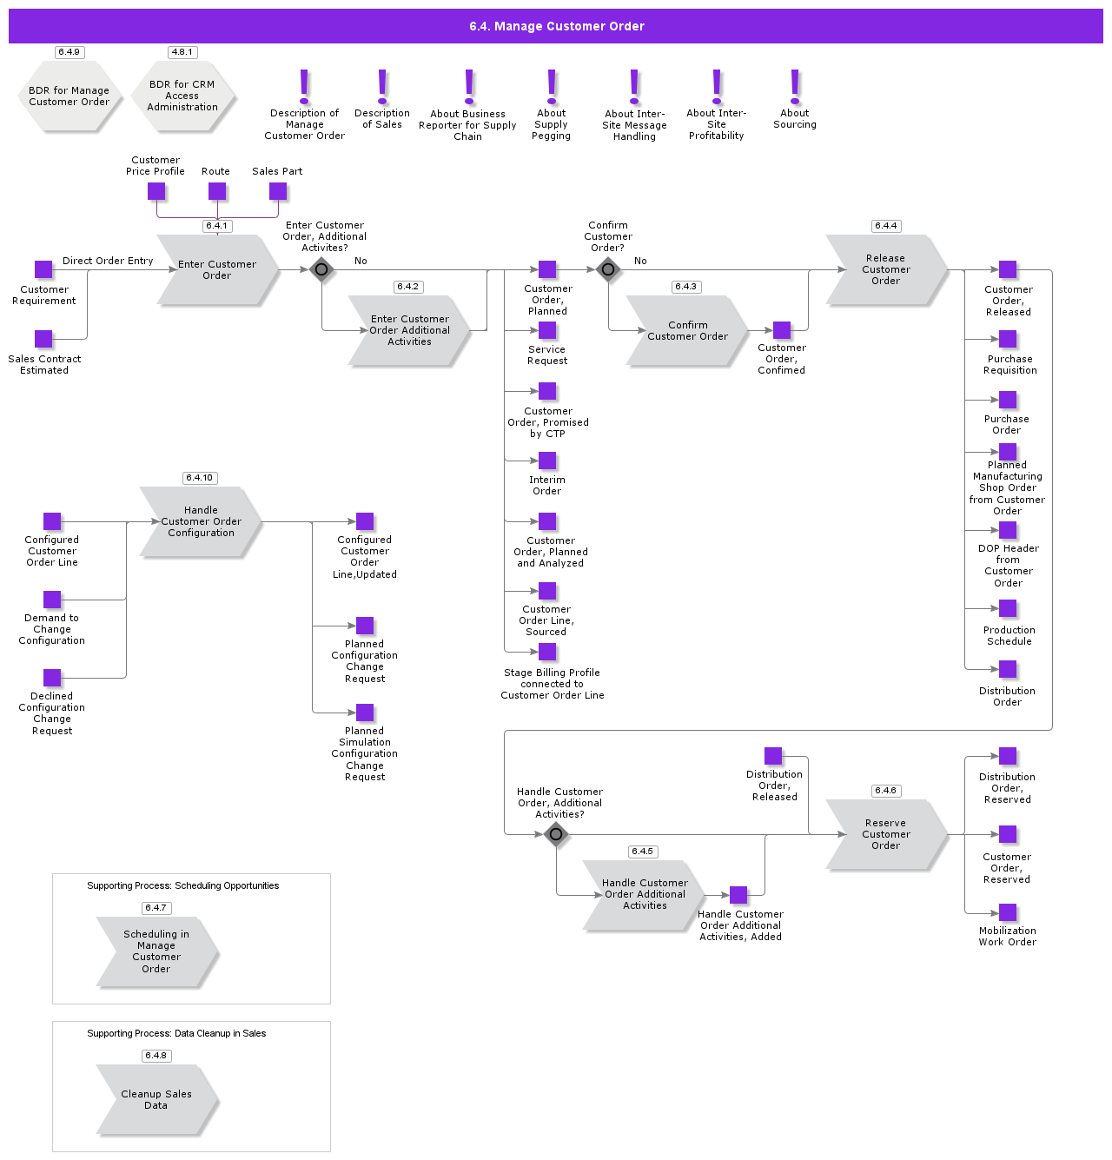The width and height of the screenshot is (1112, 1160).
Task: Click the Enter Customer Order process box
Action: click(x=217, y=269)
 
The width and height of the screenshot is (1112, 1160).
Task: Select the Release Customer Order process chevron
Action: click(x=885, y=269)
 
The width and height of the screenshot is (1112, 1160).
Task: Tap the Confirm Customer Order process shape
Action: click(x=687, y=330)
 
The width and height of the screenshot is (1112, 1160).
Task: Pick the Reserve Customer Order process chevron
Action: click(x=885, y=834)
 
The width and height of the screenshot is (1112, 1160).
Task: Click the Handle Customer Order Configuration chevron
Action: click(x=201, y=521)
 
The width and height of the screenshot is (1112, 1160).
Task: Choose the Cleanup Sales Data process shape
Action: click(x=156, y=1099)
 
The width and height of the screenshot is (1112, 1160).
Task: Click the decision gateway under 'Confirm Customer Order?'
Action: click(x=608, y=269)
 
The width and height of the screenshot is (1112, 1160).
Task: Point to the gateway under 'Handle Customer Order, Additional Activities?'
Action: click(x=556, y=834)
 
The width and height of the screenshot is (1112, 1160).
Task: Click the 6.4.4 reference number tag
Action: click(x=886, y=226)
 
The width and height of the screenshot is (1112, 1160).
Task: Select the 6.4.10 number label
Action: click(x=200, y=478)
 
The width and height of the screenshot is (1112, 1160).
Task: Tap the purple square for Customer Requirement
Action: click(x=43, y=269)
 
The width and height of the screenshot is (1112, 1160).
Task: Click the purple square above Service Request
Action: click(x=547, y=330)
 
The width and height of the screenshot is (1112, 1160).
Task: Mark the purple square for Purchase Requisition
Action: click(x=1008, y=339)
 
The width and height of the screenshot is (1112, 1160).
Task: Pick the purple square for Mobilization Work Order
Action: click(x=1008, y=912)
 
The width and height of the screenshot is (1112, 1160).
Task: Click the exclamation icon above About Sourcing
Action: click(x=795, y=87)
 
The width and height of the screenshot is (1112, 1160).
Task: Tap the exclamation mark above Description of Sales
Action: click(x=382, y=87)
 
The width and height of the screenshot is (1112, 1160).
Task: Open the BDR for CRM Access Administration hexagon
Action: click(x=182, y=96)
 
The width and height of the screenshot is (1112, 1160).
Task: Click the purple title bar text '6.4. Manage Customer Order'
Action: click(x=556, y=26)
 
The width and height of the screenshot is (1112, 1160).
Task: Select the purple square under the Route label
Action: click(x=217, y=191)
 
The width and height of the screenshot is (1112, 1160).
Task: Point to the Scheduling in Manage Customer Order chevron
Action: click(x=156, y=951)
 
